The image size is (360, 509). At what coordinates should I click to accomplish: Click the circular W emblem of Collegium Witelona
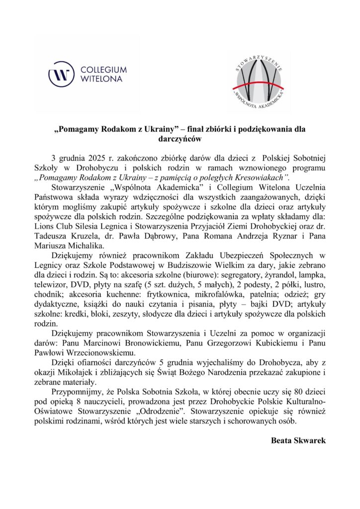tap(62, 74)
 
